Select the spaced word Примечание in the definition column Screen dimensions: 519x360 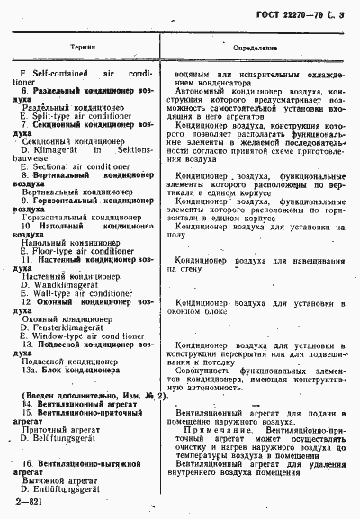click(x=212, y=430)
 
